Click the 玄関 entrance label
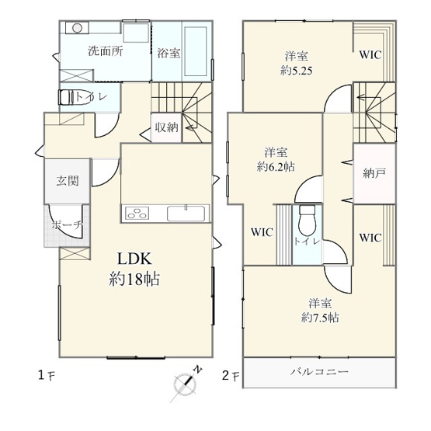pos(67,181)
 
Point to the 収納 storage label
pos(166,127)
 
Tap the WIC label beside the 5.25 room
pos(370,55)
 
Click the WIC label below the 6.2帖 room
pos(261,231)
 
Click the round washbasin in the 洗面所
pos(76,28)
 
